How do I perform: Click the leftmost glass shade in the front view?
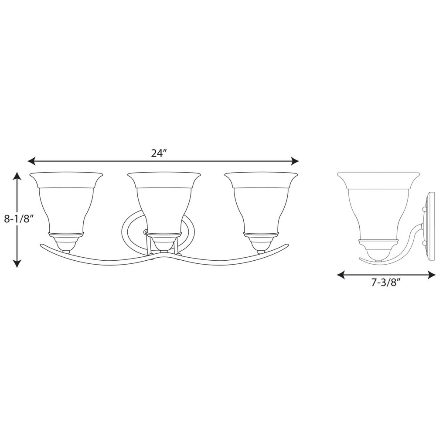pyautogui.click(x=66, y=203)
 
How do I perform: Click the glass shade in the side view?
pyautogui.click(x=378, y=205)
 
